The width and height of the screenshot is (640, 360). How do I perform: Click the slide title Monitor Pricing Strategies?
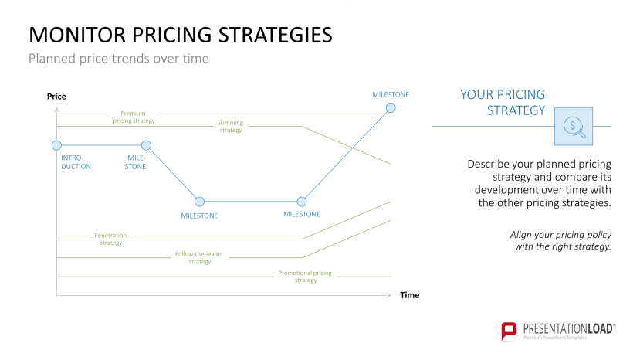pos(181,36)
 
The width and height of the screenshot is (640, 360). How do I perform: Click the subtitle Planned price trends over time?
pos(118,59)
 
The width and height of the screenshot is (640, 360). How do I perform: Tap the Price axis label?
pos(56,97)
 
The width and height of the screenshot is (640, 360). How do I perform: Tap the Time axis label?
pos(410,295)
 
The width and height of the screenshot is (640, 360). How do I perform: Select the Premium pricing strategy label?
pos(134,117)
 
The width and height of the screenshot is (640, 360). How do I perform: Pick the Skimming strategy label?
pos(230,126)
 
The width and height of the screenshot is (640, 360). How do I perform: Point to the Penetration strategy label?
pos(110,239)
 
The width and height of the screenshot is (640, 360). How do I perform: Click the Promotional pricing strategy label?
pos(306,277)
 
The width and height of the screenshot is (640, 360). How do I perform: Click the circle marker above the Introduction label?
pos(56,145)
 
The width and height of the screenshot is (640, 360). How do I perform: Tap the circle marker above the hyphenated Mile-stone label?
pos(146,145)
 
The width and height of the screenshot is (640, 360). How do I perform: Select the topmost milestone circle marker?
pos(391,108)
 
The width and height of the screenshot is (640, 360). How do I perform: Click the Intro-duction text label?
pos(76,162)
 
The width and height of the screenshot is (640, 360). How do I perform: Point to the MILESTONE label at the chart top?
pos(391,94)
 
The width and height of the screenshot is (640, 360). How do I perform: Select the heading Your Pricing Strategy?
pos(503,102)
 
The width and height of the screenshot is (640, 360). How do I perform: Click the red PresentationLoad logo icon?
pos(509,331)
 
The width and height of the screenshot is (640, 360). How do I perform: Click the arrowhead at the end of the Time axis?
pos(389,295)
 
